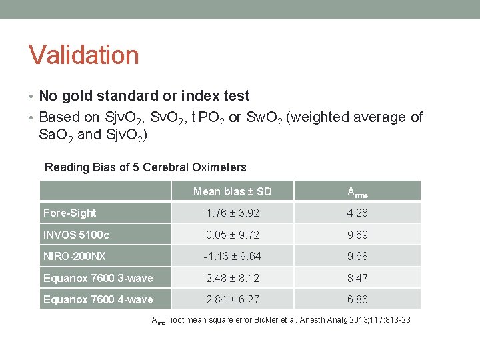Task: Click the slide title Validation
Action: tap(83, 55)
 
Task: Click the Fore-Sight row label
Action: tap(69, 213)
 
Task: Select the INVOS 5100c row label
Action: tap(76, 235)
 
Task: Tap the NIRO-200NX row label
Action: tap(75, 256)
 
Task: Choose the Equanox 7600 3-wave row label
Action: tap(98, 278)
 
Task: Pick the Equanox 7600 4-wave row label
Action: tap(98, 299)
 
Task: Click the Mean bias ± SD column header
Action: tap(232, 191)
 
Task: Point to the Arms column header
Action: tap(357, 192)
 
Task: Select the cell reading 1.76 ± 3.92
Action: tap(232, 213)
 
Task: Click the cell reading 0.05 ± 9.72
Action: tap(232, 235)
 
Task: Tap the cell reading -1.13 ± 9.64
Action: tap(232, 256)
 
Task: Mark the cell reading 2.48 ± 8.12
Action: tap(232, 278)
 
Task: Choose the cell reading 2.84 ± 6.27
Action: tap(232, 299)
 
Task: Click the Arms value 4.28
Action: tap(357, 213)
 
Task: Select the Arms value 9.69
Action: tap(357, 235)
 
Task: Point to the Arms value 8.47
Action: tap(357, 278)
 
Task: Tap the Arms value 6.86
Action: tap(357, 299)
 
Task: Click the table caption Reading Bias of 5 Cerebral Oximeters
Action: tap(145, 167)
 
